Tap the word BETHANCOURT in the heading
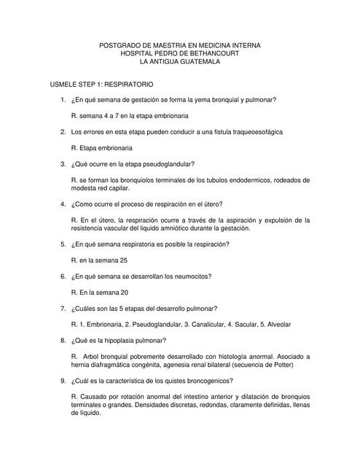tap(208, 54)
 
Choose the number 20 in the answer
tap(124, 292)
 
